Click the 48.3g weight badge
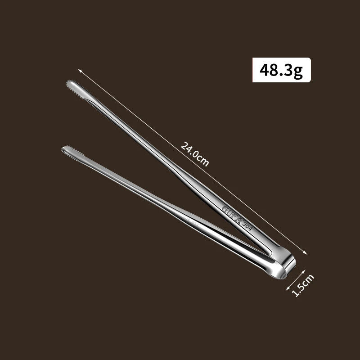click(281, 70)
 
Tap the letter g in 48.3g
click(297, 71)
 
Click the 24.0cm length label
click(195, 154)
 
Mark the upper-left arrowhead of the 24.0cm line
click(79, 71)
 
